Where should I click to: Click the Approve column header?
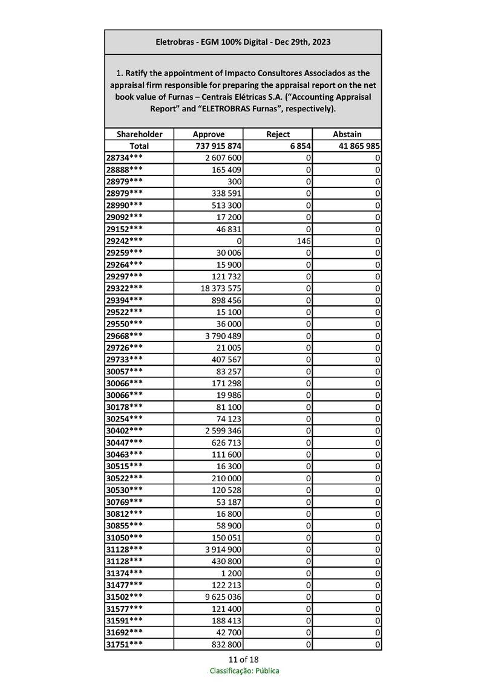(208, 134)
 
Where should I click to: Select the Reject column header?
(278, 134)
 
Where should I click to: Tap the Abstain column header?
(347, 134)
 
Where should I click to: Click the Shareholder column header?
(139, 134)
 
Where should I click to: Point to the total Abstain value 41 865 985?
(356, 146)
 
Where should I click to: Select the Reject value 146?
(304, 241)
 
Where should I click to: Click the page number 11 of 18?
(244, 659)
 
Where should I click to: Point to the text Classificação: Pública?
(244, 670)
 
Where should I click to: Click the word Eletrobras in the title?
(175, 42)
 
